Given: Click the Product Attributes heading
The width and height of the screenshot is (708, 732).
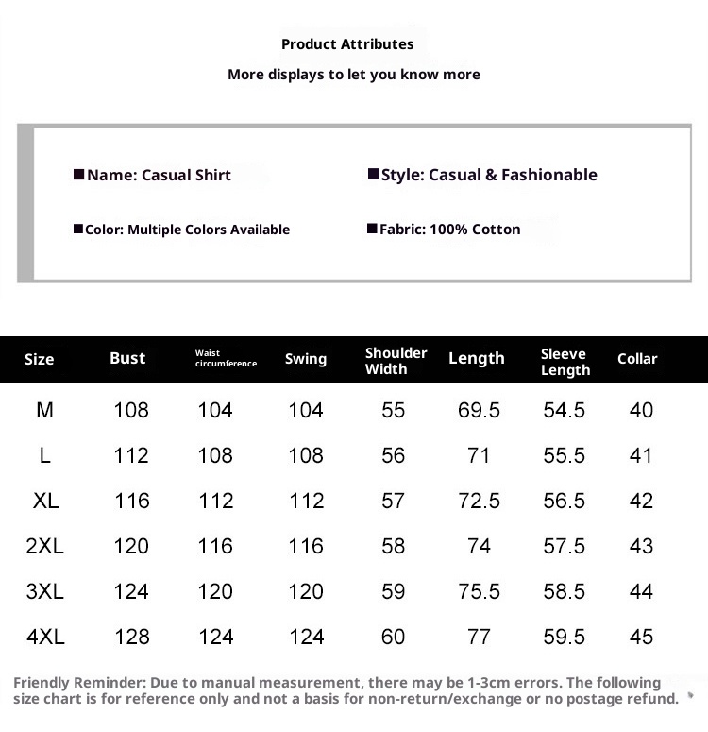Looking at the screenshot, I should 347,44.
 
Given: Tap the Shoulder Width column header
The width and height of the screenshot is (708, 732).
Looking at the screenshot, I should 396,361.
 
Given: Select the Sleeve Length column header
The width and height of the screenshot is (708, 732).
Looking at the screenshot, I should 565,362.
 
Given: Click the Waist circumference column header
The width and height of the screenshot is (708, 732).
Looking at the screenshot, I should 226,358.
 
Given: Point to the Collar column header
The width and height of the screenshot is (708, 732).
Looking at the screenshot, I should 637,359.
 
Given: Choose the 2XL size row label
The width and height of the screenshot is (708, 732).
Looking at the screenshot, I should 45,546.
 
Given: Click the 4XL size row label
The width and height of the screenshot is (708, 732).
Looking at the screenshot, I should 45,637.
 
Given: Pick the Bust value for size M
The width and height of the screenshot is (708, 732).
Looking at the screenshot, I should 131,410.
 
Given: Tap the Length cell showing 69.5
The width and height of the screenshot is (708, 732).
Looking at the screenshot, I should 479,410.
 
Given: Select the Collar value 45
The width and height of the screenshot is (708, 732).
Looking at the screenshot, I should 641,637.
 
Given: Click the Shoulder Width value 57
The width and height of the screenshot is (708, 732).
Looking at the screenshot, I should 394,501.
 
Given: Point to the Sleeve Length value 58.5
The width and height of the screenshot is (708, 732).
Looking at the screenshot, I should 565,591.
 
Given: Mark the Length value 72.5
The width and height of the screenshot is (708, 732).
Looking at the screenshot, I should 479,501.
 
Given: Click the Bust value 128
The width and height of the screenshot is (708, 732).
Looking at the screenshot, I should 131,637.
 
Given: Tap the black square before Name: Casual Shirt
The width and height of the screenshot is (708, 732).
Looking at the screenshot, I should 79,175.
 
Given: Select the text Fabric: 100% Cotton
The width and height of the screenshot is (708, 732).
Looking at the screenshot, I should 449,230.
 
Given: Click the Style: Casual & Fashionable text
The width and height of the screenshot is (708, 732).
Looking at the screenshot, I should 489,175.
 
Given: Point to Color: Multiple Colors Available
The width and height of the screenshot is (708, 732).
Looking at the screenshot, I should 187,230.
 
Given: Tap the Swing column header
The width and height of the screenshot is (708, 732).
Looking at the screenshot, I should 306,359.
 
